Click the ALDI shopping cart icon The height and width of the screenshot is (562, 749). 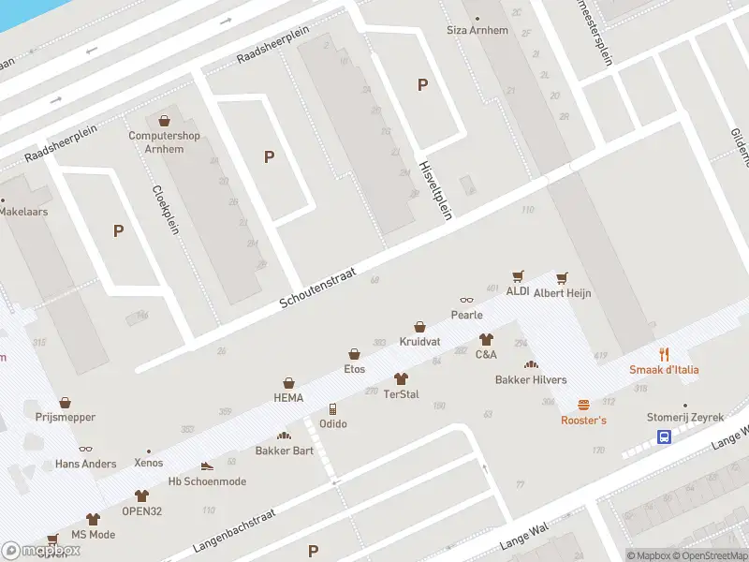pos(518,276)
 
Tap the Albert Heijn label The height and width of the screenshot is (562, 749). pos(563,293)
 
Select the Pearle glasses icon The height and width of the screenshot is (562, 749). pos(465,301)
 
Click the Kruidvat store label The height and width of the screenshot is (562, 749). pos(419,342)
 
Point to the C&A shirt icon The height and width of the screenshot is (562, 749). pos(486,339)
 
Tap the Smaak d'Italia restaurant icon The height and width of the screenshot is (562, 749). pos(664,354)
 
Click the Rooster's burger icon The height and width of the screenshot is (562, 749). pos(583,405)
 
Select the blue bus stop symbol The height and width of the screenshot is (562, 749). pos(664,436)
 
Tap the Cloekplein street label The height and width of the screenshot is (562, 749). pos(165,206)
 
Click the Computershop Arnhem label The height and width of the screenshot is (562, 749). pos(165,141)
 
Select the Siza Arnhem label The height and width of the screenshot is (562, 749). pos(477,31)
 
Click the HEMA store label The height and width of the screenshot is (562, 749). pos(288,398)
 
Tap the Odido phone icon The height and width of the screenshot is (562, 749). pos(332,409)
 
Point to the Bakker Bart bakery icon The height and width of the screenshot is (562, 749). pos(284,436)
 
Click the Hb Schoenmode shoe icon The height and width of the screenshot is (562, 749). pos(207,466)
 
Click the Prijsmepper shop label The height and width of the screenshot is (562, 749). pos(65,416)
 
